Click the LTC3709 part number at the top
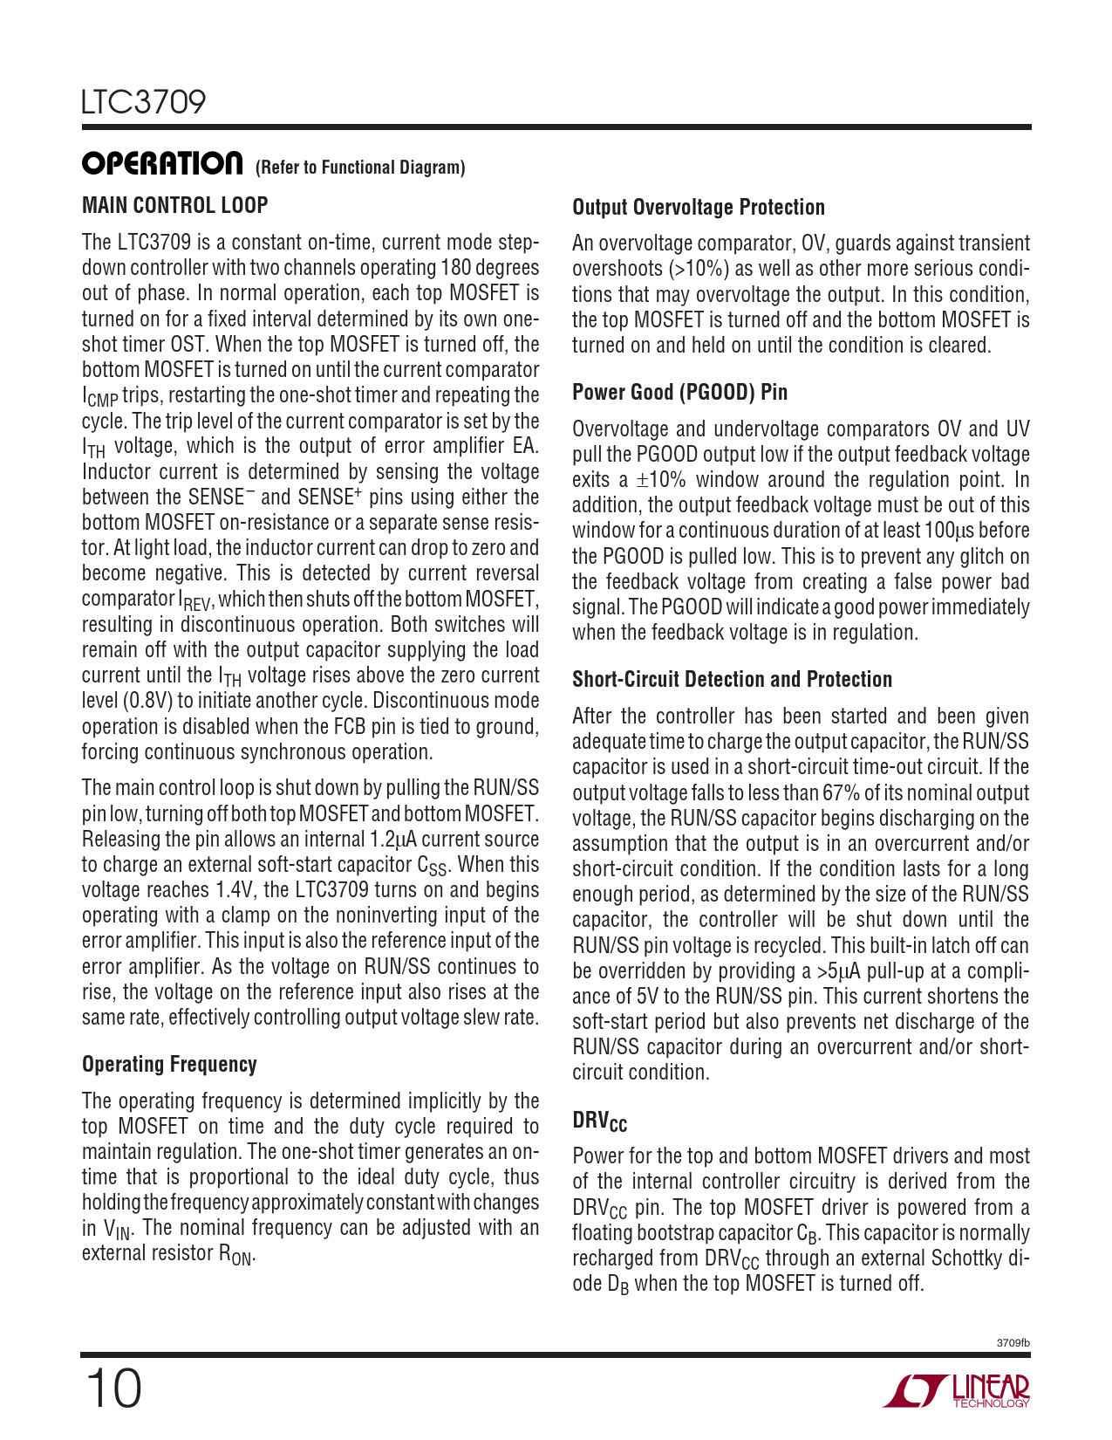(144, 102)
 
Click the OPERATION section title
(162, 163)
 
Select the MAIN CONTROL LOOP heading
(174, 205)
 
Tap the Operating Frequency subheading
(169, 1064)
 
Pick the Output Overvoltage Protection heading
(698, 207)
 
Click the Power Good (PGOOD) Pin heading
(679, 392)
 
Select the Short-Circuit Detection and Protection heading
(732, 679)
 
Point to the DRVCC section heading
(599, 1121)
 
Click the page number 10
(113, 1389)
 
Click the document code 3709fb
(1013, 1343)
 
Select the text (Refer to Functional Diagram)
(360, 168)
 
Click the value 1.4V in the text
(235, 890)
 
